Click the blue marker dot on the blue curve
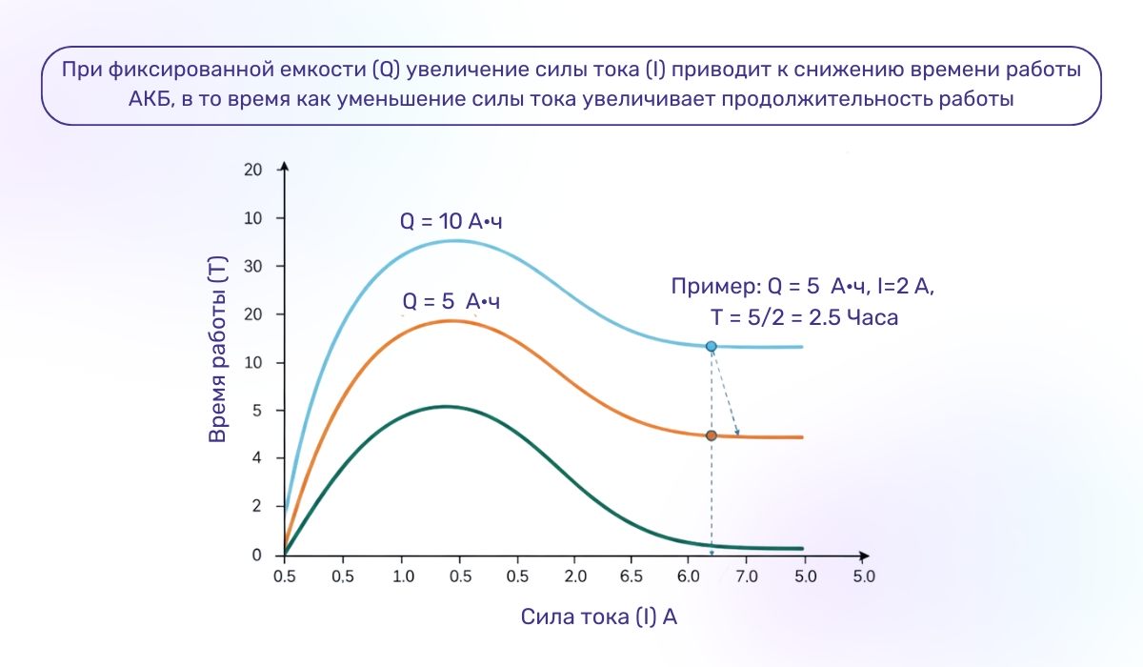coord(711,346)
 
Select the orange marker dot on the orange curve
coord(711,435)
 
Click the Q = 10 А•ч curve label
coord(451,221)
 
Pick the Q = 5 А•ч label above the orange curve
coord(451,302)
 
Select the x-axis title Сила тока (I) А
coord(599,616)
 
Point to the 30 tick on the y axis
coord(252,267)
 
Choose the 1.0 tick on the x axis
coord(402,576)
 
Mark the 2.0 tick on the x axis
coord(574,576)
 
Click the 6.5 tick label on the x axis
coord(632,576)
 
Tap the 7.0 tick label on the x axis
coord(747,576)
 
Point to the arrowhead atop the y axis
coord(285,168)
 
